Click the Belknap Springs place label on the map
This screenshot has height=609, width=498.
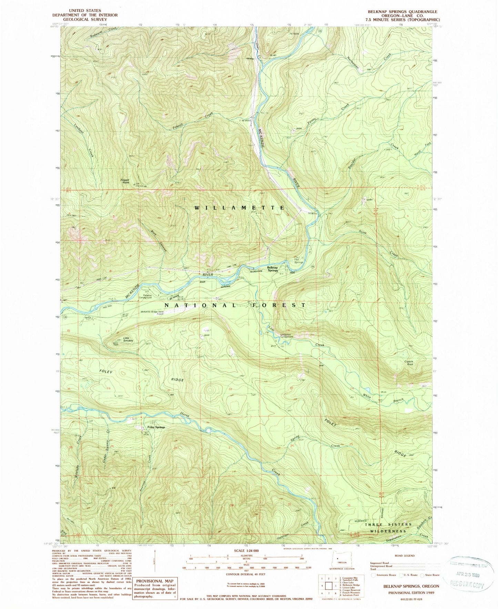(x=272, y=269)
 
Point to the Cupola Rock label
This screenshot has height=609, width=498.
(x=409, y=363)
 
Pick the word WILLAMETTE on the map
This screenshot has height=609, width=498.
(x=240, y=208)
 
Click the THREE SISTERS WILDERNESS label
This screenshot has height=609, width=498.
(x=388, y=528)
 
